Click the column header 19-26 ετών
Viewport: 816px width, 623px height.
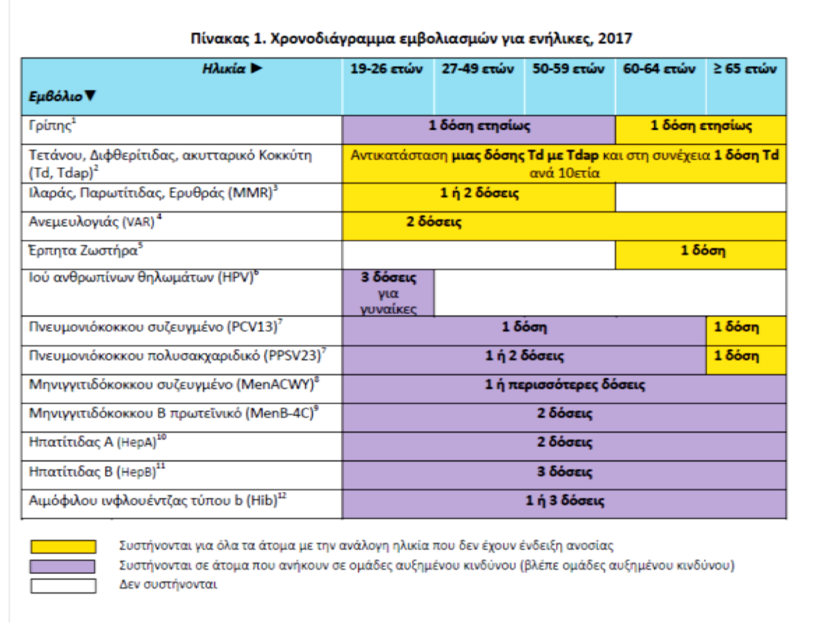click(x=386, y=69)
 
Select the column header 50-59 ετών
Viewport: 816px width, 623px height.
click(x=568, y=69)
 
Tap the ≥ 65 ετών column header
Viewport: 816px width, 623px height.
click(x=745, y=69)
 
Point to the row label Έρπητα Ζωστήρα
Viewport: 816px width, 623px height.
click(x=85, y=251)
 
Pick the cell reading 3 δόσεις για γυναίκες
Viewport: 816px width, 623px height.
click(x=388, y=293)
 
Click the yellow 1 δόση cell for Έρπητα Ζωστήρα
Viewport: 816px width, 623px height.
click(x=702, y=251)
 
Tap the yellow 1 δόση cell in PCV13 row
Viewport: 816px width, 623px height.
click(x=736, y=327)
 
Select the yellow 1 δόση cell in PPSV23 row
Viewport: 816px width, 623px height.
click(x=736, y=356)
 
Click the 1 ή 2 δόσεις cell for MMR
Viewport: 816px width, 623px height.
click(x=479, y=193)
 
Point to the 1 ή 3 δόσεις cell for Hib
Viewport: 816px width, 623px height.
click(x=564, y=501)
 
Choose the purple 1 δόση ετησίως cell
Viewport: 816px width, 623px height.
click(x=479, y=126)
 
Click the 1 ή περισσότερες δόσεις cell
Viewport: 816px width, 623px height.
click(x=564, y=385)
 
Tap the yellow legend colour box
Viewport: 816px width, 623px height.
click(x=63, y=546)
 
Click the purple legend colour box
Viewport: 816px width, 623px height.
click(x=63, y=566)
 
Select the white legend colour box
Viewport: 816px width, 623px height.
click(x=63, y=586)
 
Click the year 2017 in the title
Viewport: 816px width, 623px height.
click(x=615, y=39)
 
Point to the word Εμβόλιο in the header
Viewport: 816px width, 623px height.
click(x=56, y=96)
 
